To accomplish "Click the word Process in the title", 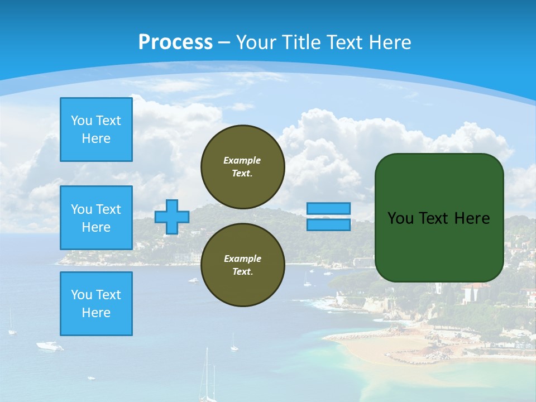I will point(175,42).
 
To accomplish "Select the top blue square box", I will point(96,130).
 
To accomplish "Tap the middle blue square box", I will point(96,218).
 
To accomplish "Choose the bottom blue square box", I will point(96,304).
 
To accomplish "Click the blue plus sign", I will point(172,217).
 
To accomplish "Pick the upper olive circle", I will point(243,167).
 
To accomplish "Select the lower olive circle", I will point(243,265).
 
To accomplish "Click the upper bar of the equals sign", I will point(329,208).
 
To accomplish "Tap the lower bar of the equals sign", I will point(329,224).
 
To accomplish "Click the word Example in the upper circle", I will point(242,160).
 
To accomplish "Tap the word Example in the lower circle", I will point(242,259).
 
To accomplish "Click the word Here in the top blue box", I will point(96,138).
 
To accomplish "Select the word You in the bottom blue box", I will point(82,295).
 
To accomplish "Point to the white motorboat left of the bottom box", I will point(50,346).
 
